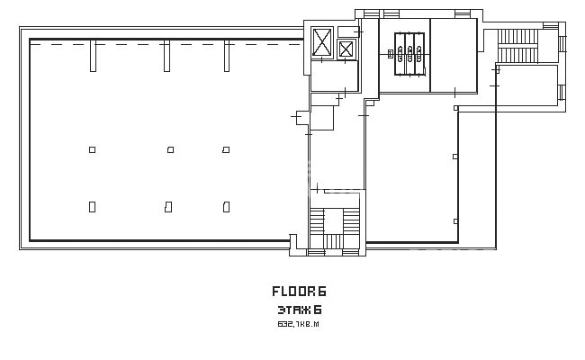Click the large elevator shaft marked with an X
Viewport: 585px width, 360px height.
coord(321,41)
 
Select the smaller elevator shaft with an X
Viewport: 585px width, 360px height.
coord(346,49)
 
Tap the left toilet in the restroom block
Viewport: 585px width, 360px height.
coord(400,54)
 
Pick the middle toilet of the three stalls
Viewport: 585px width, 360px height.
coord(409,54)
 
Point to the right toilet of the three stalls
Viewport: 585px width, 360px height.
coord(419,54)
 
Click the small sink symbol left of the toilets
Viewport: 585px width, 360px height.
coord(391,54)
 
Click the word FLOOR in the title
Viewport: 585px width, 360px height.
coord(293,291)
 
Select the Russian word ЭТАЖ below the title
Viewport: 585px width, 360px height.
coord(294,310)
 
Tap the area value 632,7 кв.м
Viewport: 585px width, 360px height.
coord(298,324)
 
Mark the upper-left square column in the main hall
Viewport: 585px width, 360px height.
coord(92,149)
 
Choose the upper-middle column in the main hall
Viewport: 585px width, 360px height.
coord(170,149)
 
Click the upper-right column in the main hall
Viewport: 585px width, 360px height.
coord(226,149)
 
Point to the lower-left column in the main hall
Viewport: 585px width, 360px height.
coord(92,207)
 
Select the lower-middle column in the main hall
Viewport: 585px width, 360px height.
coord(168,207)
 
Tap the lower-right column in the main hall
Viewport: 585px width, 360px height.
coord(226,207)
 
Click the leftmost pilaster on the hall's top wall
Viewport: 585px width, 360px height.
coord(93,56)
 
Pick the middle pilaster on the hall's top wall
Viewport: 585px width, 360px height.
coord(166,56)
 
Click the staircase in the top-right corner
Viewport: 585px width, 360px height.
coord(517,46)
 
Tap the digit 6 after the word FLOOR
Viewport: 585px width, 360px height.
coord(322,291)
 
